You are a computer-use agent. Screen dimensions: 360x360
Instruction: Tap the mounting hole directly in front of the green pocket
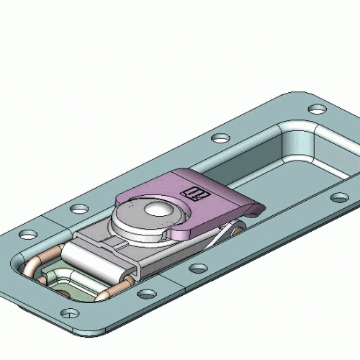pos(70,314)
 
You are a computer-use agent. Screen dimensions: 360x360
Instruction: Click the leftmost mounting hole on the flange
pos(27,235)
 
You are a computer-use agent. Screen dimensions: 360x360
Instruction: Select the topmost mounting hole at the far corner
pos(315,109)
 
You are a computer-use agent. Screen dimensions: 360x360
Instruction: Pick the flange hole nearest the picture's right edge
pos(338,197)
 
